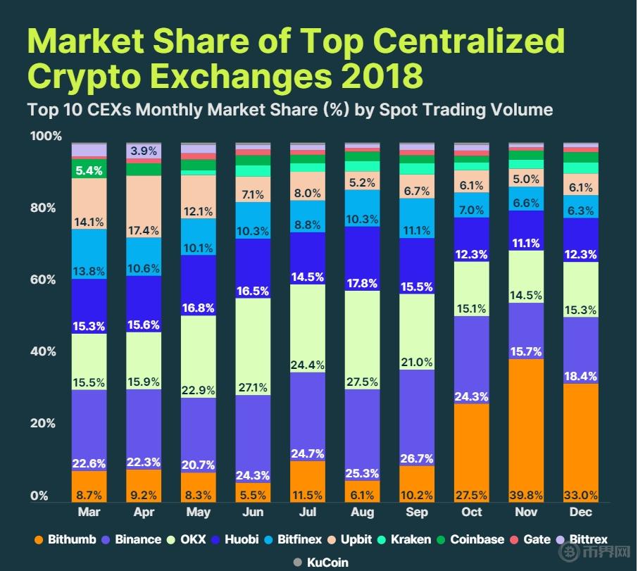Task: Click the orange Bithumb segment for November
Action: point(526,429)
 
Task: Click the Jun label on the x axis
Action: point(253,513)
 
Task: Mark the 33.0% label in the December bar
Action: point(581,495)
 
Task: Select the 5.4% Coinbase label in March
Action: point(89,170)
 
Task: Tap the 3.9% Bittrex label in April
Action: point(144,151)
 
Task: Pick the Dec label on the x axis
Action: point(581,513)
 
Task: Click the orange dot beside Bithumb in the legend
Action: point(39,540)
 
